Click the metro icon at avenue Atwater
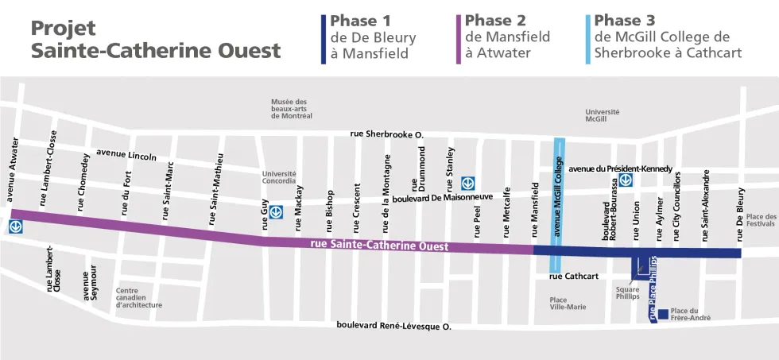(x=16, y=227)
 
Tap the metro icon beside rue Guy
(x=277, y=212)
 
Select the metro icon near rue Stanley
(x=467, y=183)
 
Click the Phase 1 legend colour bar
(x=323, y=39)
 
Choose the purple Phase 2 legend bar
(x=458, y=39)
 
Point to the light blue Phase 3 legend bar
(x=587, y=39)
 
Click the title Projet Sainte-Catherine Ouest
(x=155, y=39)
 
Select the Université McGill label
(x=602, y=115)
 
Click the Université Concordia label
(x=279, y=178)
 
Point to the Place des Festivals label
(x=761, y=220)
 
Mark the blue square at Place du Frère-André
(x=662, y=312)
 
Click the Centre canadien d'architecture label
(x=139, y=298)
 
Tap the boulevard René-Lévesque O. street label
(x=393, y=326)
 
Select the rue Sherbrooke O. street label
(x=386, y=134)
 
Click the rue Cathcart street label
(x=573, y=277)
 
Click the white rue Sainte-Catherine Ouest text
(x=379, y=246)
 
